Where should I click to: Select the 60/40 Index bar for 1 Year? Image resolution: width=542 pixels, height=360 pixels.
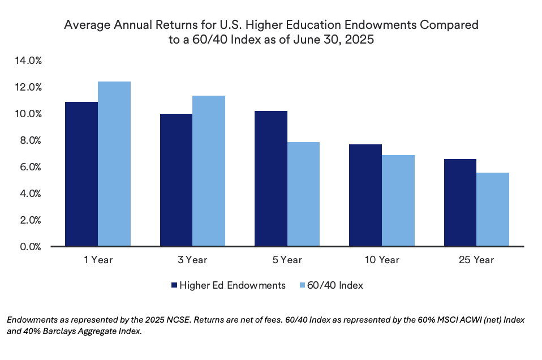tap(114, 164)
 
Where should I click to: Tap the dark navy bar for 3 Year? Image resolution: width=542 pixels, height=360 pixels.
tap(176, 180)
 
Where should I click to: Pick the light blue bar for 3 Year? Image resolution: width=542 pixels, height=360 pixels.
tap(209, 171)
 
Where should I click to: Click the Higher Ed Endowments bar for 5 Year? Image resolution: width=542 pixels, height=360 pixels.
tap(270, 179)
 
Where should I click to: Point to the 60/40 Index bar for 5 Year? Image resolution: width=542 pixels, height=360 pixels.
tap(303, 194)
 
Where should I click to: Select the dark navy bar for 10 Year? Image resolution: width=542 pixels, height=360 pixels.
tap(365, 195)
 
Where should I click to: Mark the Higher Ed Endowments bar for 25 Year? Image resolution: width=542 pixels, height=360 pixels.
tap(460, 203)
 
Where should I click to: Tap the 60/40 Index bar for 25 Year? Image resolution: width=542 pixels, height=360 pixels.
tap(493, 209)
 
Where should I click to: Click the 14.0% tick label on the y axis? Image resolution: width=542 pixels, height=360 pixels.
tap(27, 61)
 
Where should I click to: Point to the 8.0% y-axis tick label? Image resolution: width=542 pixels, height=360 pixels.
tap(29, 140)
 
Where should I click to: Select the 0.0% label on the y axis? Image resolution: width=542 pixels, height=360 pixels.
tap(29, 247)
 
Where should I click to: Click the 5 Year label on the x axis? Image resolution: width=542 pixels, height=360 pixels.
tap(287, 260)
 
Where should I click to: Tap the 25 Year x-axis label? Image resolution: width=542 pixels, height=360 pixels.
tap(476, 260)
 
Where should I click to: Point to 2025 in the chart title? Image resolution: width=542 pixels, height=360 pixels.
tap(360, 41)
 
